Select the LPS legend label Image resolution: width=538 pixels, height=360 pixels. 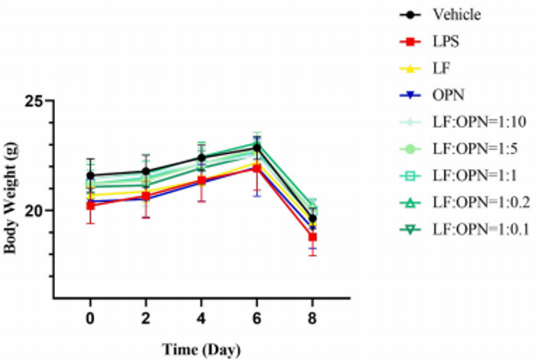[x=445, y=41]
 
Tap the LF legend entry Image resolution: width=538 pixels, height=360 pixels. [x=440, y=68]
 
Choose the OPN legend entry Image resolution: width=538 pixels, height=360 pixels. [x=448, y=95]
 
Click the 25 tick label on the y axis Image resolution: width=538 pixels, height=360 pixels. [x=34, y=101]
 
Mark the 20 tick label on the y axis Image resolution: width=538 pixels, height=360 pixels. [x=34, y=211]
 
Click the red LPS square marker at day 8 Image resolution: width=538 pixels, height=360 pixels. [x=313, y=237]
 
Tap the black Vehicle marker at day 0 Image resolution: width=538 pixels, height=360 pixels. [x=90, y=175]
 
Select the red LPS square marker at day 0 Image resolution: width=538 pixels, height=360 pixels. [x=90, y=206]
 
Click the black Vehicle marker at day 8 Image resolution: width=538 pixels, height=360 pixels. [x=313, y=219]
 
